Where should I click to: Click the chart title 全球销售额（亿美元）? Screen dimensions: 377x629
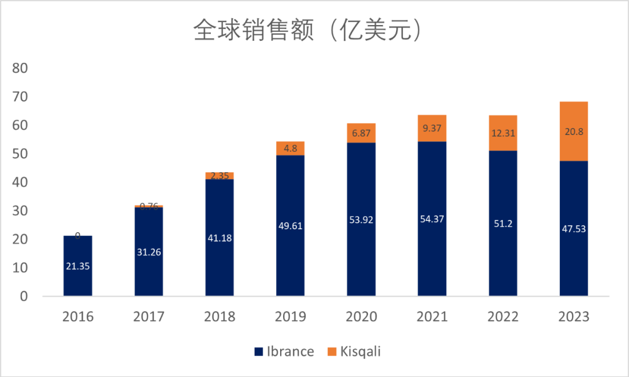tap(307, 31)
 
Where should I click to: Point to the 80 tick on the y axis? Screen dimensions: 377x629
tap(20, 68)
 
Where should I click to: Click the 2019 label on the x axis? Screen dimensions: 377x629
tap(290, 316)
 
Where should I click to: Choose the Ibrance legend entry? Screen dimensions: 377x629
tap(284, 351)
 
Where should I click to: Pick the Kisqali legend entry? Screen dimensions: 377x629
tap(354, 351)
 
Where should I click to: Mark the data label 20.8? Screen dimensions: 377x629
tap(574, 131)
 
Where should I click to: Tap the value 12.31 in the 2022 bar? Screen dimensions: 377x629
tap(503, 133)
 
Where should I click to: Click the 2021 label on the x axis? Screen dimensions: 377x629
tap(432, 316)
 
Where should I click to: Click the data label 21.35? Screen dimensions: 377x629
tap(77, 267)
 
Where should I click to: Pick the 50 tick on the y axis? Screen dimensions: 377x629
tap(20, 154)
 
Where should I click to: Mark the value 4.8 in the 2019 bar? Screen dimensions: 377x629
tap(290, 148)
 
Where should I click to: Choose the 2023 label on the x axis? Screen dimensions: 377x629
tap(574, 316)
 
